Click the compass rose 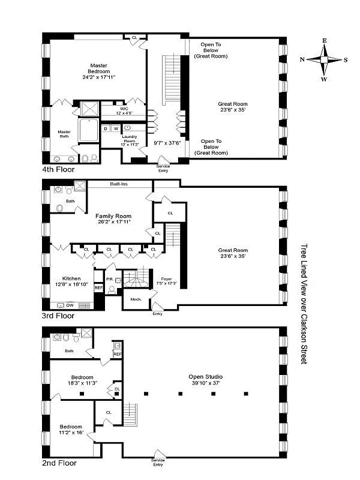point(324,60)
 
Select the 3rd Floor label point(59,316)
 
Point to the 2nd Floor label point(59,463)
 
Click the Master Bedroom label point(99,71)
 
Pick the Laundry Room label point(130,141)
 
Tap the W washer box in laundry point(116,128)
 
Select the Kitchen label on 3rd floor point(72,281)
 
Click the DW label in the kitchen point(70,305)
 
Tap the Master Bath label point(64,134)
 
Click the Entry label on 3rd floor point(158,313)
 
